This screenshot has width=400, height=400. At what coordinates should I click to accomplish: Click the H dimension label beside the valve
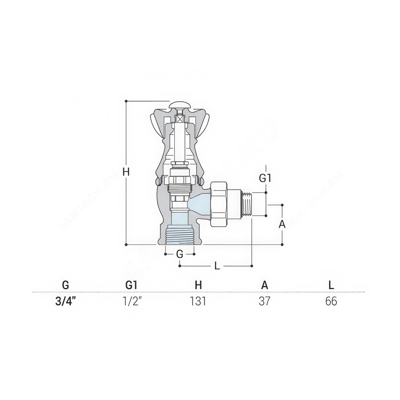coord(126,172)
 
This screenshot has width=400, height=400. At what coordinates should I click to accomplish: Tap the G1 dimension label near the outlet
coord(265,178)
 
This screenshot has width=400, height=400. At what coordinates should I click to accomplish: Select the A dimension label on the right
coord(282,224)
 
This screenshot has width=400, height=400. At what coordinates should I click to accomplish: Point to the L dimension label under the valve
coord(217,266)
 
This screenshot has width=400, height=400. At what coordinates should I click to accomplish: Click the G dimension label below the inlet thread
coord(180,254)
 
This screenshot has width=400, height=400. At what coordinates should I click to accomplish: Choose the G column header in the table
coord(66,285)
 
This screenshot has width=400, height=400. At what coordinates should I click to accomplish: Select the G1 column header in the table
coord(132,285)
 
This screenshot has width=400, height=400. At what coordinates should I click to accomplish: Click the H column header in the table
coord(198,285)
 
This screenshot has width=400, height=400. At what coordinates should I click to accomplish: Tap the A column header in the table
coord(265,285)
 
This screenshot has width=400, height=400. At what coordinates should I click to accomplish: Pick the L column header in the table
coord(331,285)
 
